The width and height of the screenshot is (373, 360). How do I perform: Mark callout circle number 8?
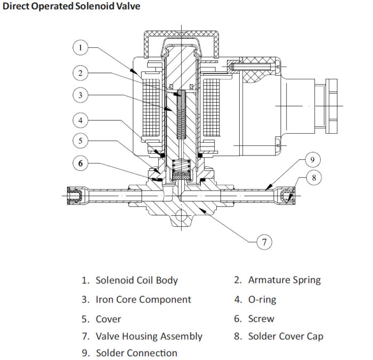pos(314,177)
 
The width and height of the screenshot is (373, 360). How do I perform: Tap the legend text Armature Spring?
pos(285,280)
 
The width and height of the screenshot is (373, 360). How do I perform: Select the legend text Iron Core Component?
pos(143,299)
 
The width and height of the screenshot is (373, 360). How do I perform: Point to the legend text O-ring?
pos(262,299)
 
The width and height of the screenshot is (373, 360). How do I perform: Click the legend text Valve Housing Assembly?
pos(149,336)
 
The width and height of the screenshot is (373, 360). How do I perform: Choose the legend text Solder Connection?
pos(136,353)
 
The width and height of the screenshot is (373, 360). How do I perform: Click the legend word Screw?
pos(261,319)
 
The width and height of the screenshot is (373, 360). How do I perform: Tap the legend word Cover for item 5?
pos(108,319)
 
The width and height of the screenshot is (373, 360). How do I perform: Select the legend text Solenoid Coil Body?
pos(136,280)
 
